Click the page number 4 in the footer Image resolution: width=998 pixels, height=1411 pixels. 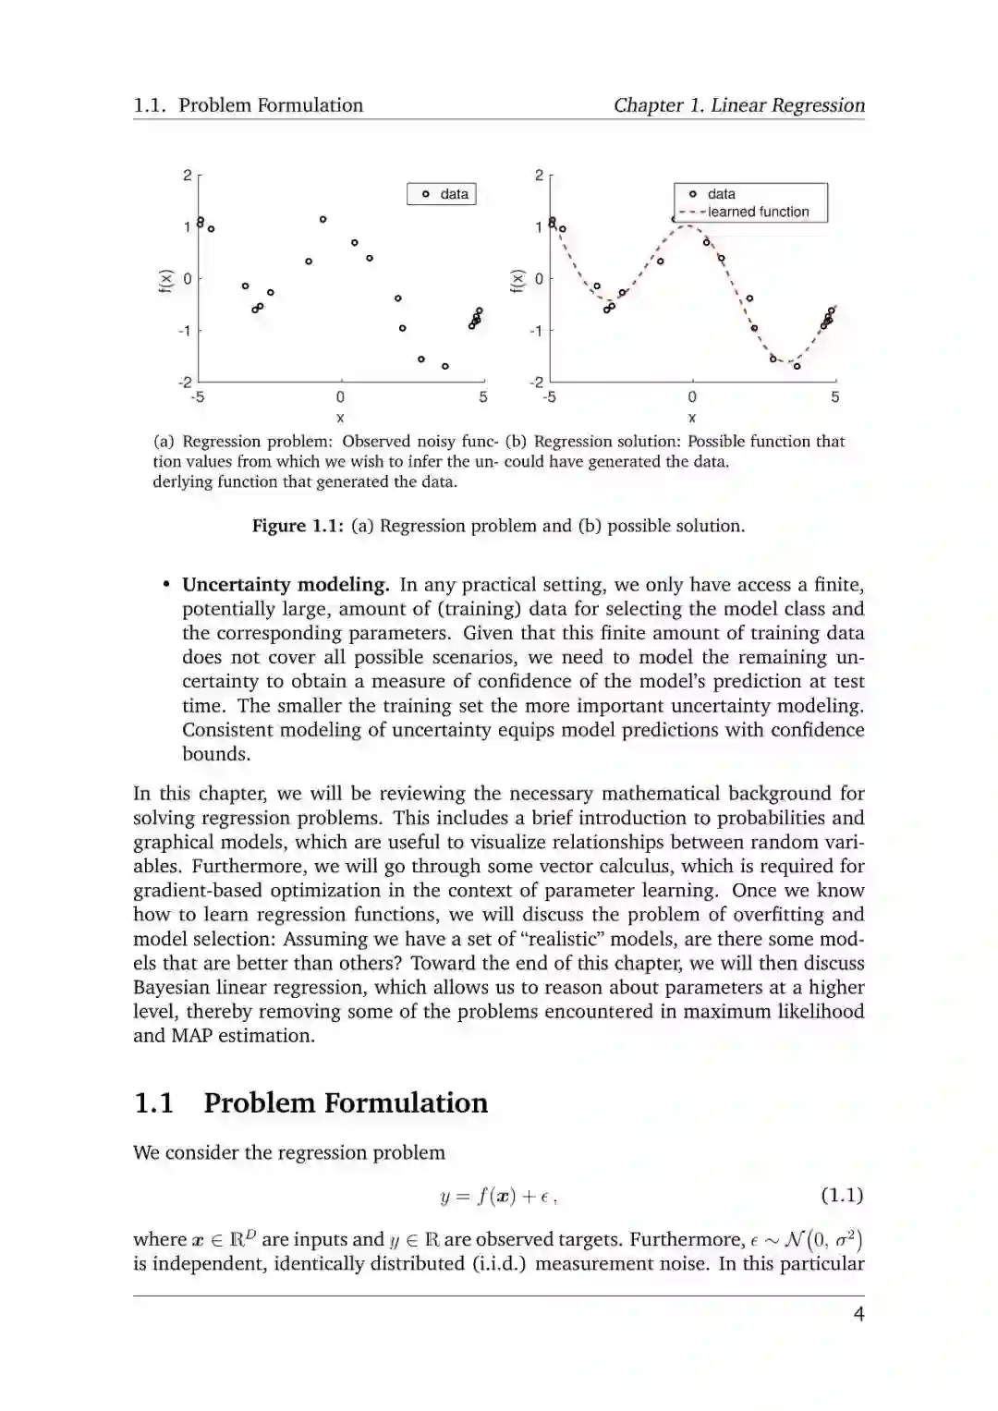858,1314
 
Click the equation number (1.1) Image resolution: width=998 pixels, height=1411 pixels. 842,1195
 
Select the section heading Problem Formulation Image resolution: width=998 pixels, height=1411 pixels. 346,1102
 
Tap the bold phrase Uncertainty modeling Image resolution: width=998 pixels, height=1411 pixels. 286,584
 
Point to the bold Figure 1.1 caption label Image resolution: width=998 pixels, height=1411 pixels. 298,526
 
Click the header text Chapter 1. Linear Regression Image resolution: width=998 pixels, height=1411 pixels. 739,105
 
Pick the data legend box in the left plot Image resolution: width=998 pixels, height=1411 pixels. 442,194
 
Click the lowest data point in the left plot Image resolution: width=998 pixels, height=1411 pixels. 445,366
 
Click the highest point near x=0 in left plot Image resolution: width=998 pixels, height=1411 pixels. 323,219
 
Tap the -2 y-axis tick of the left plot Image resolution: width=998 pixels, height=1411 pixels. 185,382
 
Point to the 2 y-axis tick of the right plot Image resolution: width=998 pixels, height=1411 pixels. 539,175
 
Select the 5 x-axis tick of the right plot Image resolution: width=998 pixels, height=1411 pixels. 835,397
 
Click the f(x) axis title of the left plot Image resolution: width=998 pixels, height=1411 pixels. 164,279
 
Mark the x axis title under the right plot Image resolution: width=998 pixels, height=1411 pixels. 692,418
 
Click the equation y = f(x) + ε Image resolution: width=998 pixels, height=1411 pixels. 498,1196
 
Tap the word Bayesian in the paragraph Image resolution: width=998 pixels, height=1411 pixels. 172,987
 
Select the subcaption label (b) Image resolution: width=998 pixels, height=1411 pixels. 516,442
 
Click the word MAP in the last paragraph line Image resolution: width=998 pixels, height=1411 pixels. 190,1035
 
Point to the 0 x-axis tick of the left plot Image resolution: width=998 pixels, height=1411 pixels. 340,397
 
